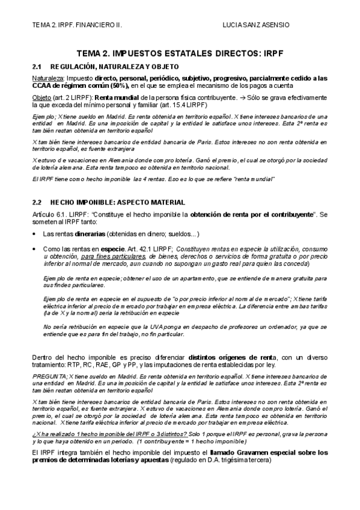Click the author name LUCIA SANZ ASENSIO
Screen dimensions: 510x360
[255, 25]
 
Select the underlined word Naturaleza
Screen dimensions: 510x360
[47, 78]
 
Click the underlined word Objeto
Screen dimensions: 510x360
[41, 97]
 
